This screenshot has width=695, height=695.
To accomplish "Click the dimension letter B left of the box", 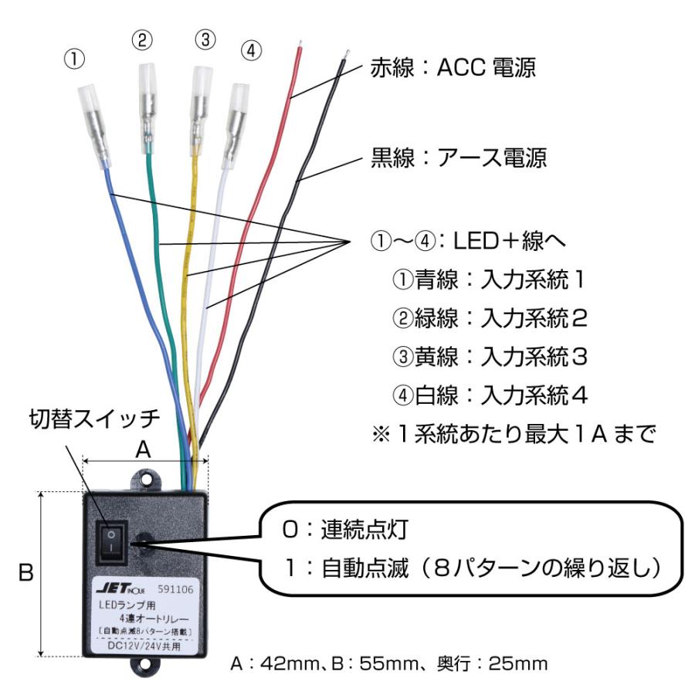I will click(x=25, y=575).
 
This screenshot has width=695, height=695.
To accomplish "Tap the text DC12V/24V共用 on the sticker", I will click(x=144, y=646).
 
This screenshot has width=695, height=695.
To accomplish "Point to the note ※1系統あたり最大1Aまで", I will click(x=514, y=434).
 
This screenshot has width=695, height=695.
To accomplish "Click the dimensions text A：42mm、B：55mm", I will click(x=390, y=663).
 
